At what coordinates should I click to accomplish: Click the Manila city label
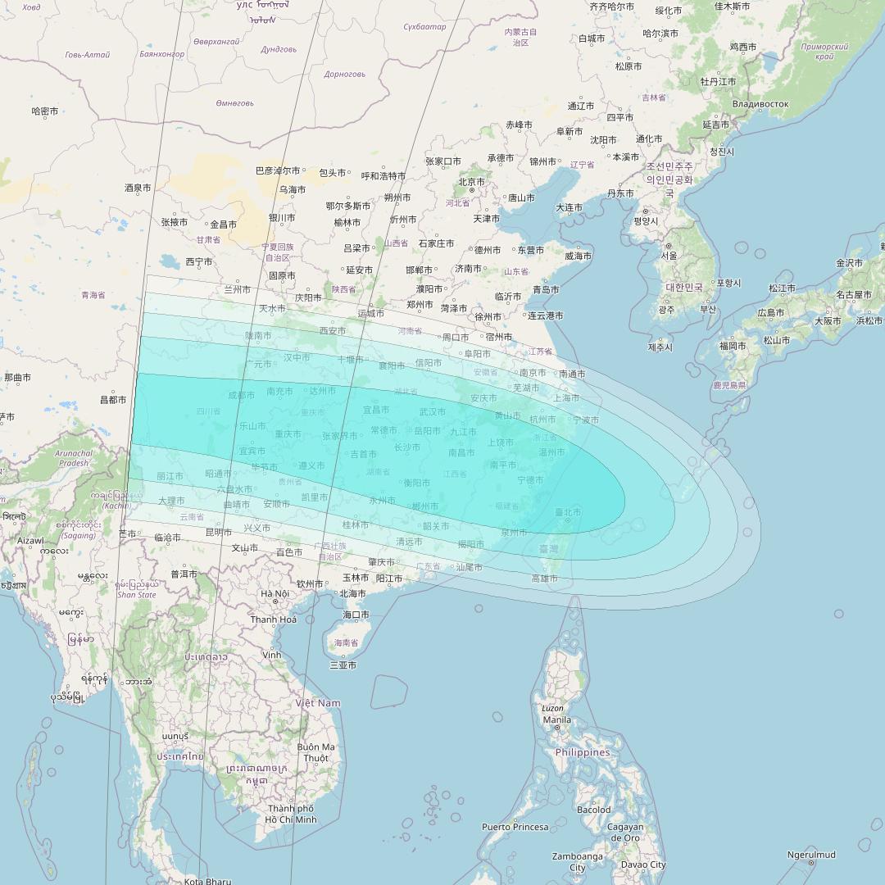557,720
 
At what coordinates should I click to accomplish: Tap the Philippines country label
583,752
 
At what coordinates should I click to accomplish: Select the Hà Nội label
275,593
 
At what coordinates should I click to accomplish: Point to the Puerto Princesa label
515,827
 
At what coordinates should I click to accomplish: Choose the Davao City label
643,865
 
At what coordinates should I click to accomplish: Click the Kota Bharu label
207,881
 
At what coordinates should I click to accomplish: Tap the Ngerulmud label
811,855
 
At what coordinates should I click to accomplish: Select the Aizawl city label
30,541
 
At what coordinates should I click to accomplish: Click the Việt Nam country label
318,703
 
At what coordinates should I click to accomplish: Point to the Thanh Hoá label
274,619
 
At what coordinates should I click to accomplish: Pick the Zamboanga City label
578,861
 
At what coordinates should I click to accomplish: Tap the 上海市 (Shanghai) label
566,397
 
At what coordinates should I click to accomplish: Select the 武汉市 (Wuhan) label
433,411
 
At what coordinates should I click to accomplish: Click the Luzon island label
552,708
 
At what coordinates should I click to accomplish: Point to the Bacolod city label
593,810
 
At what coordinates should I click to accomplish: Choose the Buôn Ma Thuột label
315,752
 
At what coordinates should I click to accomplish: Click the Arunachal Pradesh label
74,458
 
